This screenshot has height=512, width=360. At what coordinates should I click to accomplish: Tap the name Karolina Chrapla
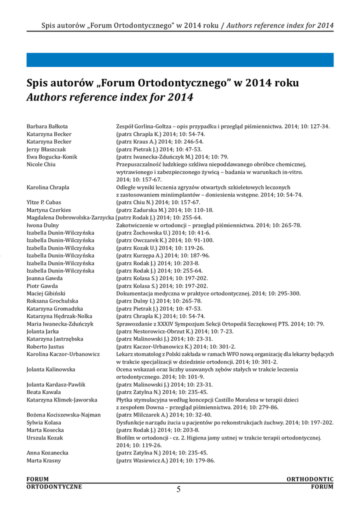[48, 187]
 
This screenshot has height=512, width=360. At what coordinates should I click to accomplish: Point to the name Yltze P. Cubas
[44, 202]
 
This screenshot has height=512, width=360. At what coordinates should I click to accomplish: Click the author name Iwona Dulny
[43, 225]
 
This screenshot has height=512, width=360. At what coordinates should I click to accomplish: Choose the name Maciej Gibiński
[46, 293]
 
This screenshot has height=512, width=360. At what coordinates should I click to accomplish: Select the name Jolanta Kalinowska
[50, 369]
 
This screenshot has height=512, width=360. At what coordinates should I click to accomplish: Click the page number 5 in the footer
[178, 489]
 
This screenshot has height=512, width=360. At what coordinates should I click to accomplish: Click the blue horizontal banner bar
[180, 59]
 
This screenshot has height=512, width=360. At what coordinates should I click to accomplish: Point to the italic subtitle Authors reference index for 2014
[109, 96]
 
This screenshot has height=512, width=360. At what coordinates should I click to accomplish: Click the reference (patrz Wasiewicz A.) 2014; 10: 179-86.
[165, 460]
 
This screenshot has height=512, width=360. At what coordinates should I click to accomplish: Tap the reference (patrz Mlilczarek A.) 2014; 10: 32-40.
[164, 414]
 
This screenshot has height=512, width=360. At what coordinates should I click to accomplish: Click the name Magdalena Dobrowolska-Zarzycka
[70, 217]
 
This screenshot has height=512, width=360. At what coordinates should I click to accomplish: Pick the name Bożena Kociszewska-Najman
[63, 414]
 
